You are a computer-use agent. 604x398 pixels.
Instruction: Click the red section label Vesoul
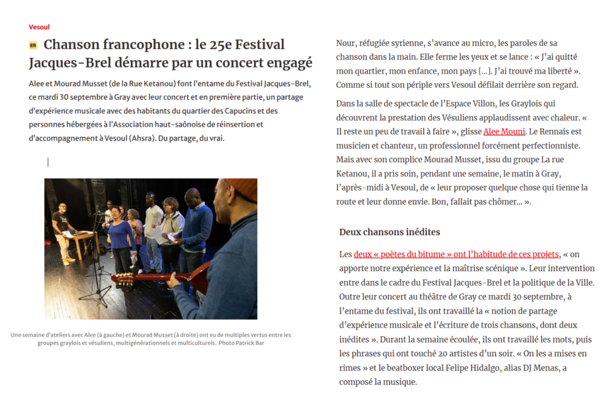tap(39, 27)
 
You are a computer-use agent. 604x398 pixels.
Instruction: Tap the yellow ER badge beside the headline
tap(33, 45)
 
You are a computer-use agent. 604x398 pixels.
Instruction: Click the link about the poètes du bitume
tap(456, 254)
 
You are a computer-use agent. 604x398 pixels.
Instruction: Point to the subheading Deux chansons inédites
tap(389, 232)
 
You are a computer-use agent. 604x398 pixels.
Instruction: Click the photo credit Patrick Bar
tap(250, 343)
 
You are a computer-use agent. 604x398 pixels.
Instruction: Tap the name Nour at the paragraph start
tap(346, 43)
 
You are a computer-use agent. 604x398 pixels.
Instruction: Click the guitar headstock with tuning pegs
tap(122, 277)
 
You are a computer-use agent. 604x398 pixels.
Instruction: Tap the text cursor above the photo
tap(48, 162)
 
